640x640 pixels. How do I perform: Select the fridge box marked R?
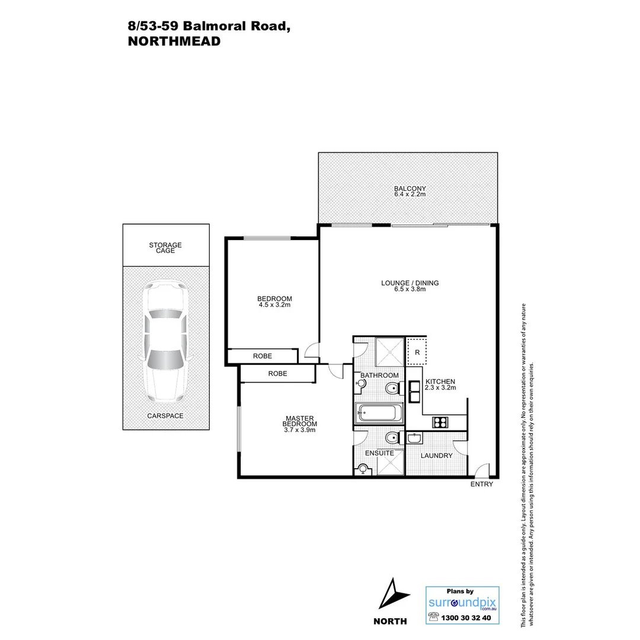tap(418, 351)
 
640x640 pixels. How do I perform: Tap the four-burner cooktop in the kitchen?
tap(440, 422)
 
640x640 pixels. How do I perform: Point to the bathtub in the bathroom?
tap(379, 412)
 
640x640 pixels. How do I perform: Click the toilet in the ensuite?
tap(391, 439)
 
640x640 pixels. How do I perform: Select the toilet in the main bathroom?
tap(391, 389)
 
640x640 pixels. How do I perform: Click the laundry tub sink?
tap(414, 439)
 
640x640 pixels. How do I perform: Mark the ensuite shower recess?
tap(390, 463)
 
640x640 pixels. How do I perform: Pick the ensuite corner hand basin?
tap(363, 470)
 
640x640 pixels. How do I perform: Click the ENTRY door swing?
tap(484, 471)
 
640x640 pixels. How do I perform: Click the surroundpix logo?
tap(462, 603)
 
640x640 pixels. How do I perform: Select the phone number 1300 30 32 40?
tap(468, 617)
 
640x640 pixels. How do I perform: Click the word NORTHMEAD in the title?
tap(174, 41)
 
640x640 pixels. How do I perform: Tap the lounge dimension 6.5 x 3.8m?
tap(410, 290)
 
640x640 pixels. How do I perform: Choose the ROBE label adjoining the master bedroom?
tap(277, 374)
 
